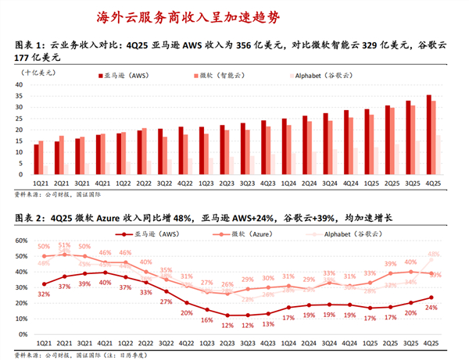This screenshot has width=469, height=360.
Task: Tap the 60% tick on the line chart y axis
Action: [x=23, y=243]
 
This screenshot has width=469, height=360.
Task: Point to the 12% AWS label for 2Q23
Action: [x=227, y=326]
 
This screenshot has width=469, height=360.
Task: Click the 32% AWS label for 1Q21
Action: [x=44, y=294]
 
